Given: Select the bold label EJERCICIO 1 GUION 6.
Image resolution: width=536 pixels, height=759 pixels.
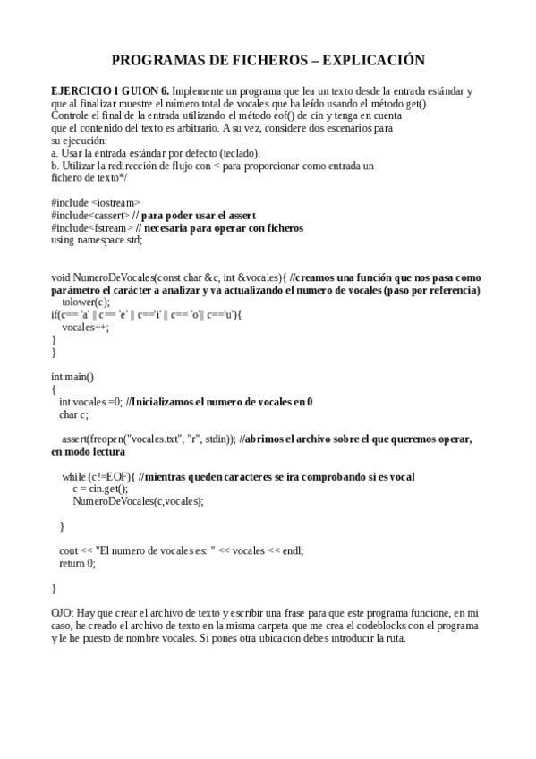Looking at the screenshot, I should pos(109,91).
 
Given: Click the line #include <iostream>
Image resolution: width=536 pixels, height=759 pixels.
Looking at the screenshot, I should pos(96,203).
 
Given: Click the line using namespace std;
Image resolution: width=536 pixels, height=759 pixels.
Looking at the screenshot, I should pos(97,241).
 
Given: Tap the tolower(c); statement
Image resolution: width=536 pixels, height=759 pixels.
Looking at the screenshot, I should pos(86,303).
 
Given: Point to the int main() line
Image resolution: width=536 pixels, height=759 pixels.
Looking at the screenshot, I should pos(72,377).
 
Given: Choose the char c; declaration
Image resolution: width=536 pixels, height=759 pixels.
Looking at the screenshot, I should pos(73,414).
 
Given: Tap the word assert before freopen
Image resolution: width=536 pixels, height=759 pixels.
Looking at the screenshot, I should pos(75,439).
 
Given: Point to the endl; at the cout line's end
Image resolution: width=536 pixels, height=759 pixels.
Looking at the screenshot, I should pos(292,551).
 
